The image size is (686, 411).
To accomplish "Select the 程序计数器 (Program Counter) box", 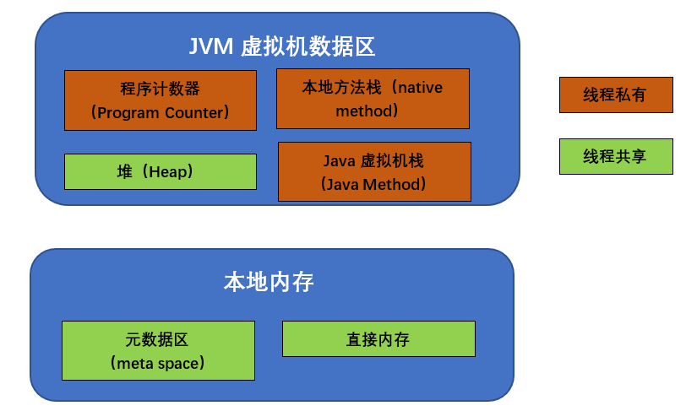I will [161, 100].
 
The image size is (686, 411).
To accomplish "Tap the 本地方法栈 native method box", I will [373, 99].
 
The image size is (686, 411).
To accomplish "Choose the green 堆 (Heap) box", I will [161, 171].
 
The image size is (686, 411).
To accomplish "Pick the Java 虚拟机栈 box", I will [374, 171].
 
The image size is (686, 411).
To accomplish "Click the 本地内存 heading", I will [269, 282].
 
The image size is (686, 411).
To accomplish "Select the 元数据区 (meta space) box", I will [158, 350].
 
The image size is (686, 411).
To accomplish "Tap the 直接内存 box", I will [378, 339].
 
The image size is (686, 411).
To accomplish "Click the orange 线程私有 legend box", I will [616, 95].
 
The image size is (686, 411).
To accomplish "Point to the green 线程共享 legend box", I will [616, 156].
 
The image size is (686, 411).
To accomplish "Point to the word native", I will [420, 88].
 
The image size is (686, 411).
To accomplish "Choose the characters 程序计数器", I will [161, 89].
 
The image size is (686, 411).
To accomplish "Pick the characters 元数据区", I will [157, 339].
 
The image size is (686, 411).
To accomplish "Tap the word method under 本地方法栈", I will [364, 111].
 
